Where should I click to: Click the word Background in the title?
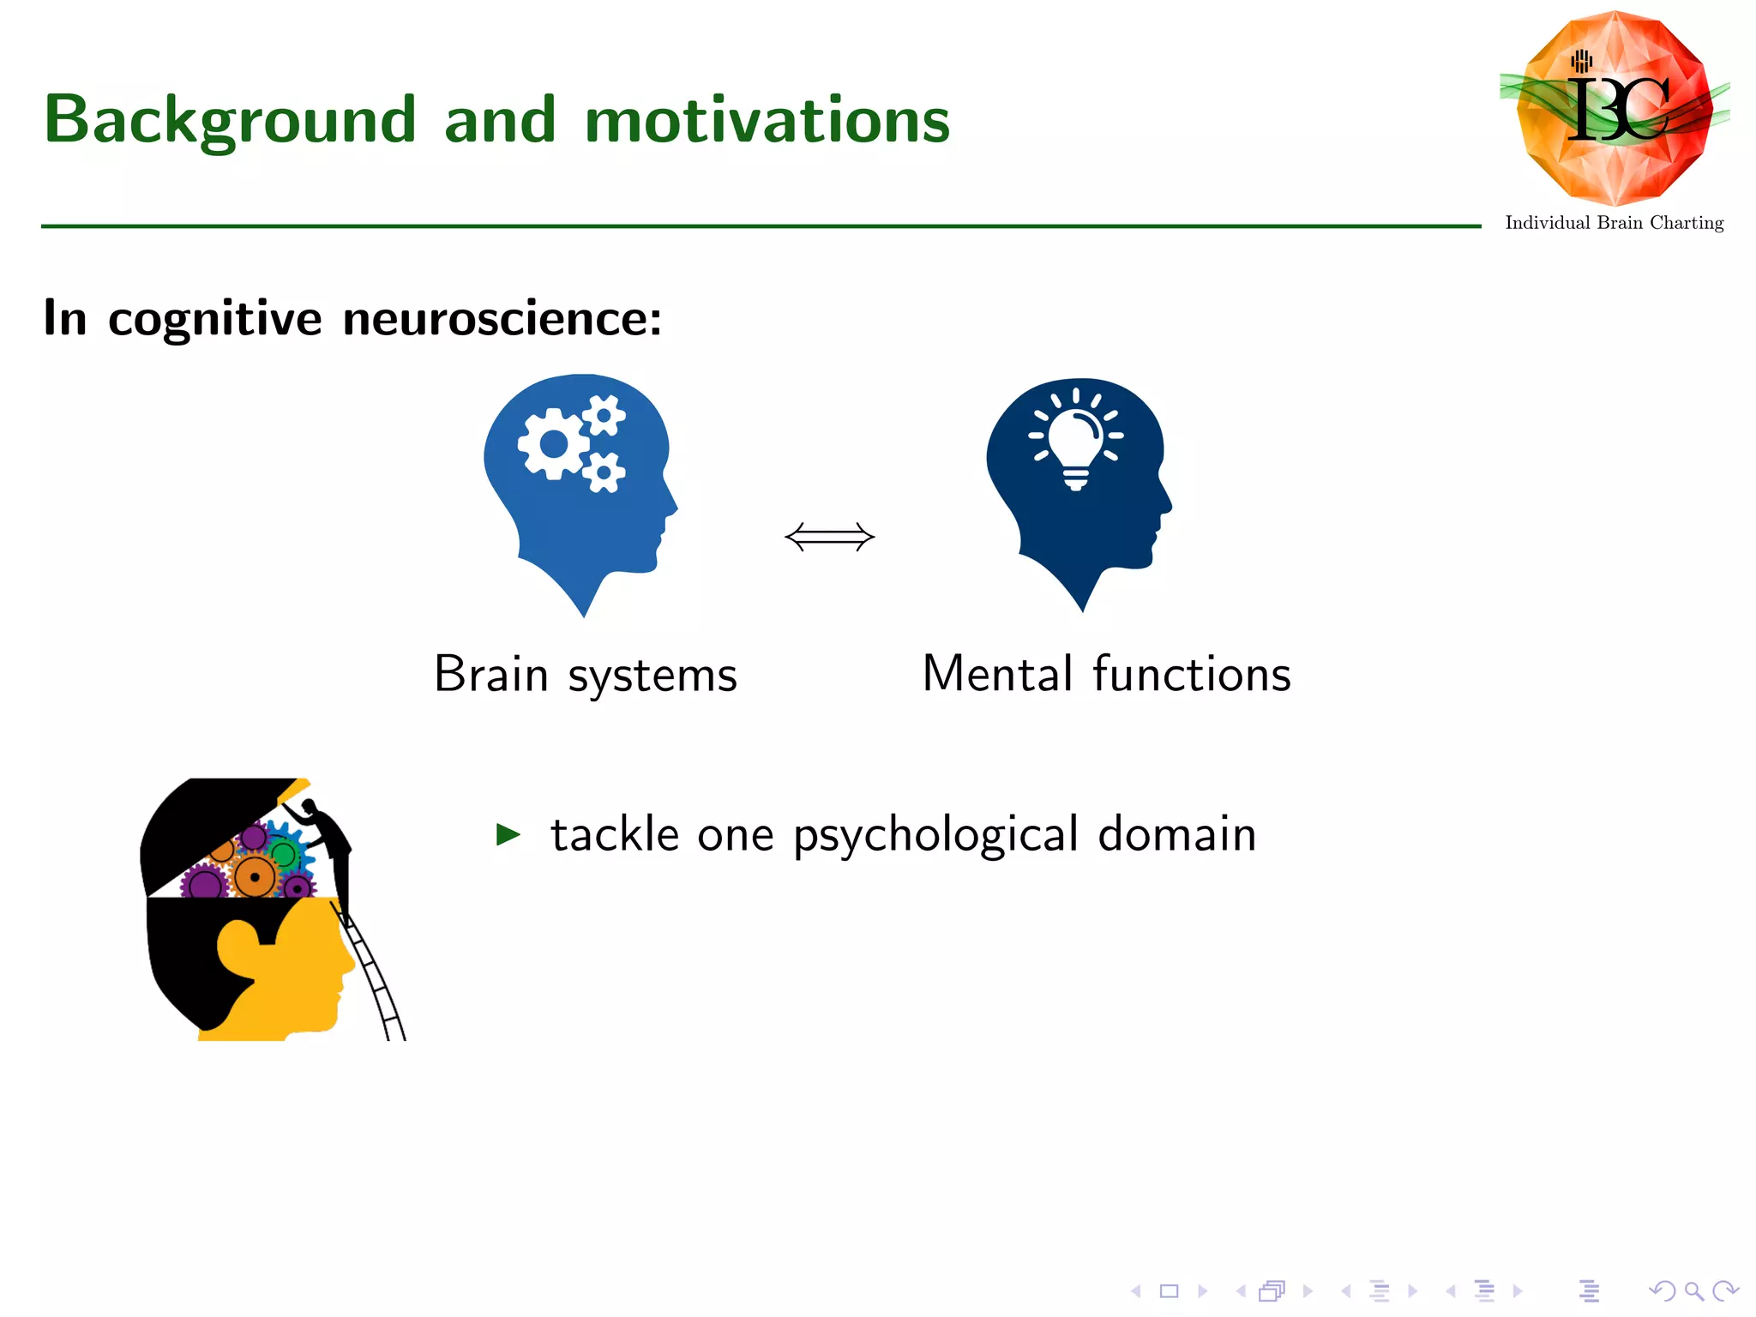coord(230,120)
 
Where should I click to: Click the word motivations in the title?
coord(767,120)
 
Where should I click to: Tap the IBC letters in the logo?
coord(1617,110)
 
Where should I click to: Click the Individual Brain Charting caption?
coord(1614,223)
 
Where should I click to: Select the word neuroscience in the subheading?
coord(502,319)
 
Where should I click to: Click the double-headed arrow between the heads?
coord(829,538)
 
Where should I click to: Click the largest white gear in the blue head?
coord(554,443)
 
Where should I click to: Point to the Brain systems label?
coord(585,674)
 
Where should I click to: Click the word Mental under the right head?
coord(997,674)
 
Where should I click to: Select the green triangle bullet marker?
coord(508,833)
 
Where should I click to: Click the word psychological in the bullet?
coord(935,835)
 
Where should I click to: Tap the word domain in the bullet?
coord(1176,833)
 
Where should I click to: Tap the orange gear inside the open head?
coord(255,876)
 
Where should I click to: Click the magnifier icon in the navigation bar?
coord(1693,1290)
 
